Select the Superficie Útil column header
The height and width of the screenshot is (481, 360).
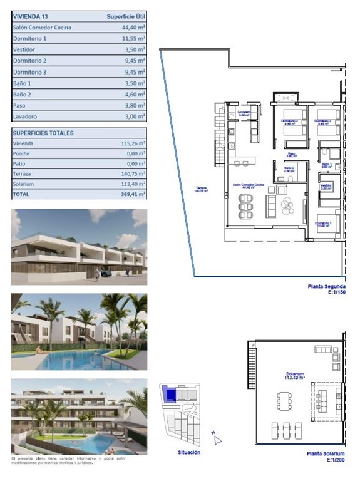pyautogui.click(x=123, y=16)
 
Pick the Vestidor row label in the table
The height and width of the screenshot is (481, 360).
pyautogui.click(x=24, y=49)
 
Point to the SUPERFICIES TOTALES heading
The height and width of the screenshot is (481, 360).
pyautogui.click(x=43, y=133)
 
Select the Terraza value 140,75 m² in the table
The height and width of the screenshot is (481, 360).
pyautogui.click(x=132, y=173)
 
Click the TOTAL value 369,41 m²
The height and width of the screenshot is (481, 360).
pyautogui.click(x=132, y=195)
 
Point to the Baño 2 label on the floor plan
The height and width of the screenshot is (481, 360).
pyautogui.click(x=288, y=169)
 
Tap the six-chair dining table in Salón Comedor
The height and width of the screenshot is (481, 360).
pyautogui.click(x=246, y=204)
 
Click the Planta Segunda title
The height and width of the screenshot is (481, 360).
pyautogui.click(x=326, y=287)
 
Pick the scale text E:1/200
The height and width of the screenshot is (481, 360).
pyautogui.click(x=332, y=460)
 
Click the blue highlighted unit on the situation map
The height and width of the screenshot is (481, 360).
pyautogui.click(x=169, y=395)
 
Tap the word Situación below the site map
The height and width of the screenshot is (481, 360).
pyautogui.click(x=189, y=452)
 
